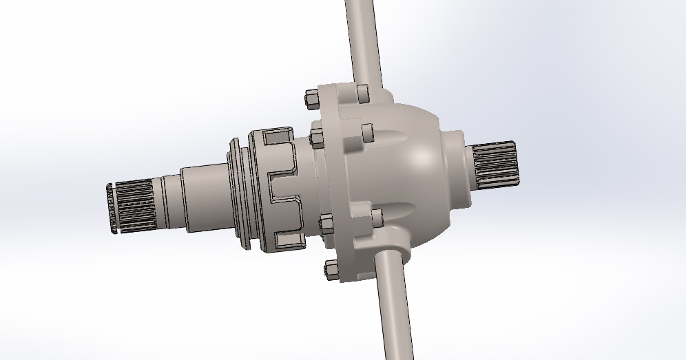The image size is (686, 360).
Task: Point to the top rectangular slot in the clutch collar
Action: click(x=279, y=138)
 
